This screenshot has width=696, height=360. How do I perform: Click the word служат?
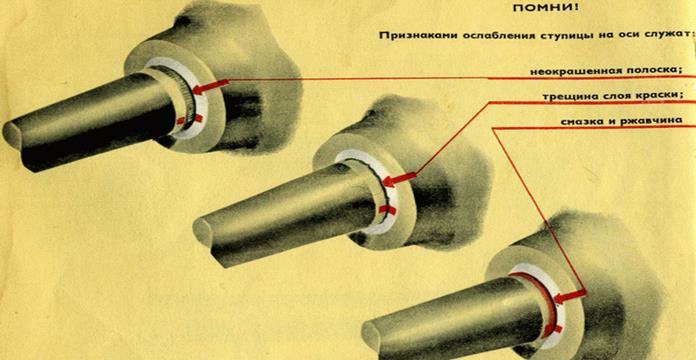coord(671,36)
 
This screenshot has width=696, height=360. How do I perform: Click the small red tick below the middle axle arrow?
coord(387,210)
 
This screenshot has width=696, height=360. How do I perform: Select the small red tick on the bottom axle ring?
coord(558,329)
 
